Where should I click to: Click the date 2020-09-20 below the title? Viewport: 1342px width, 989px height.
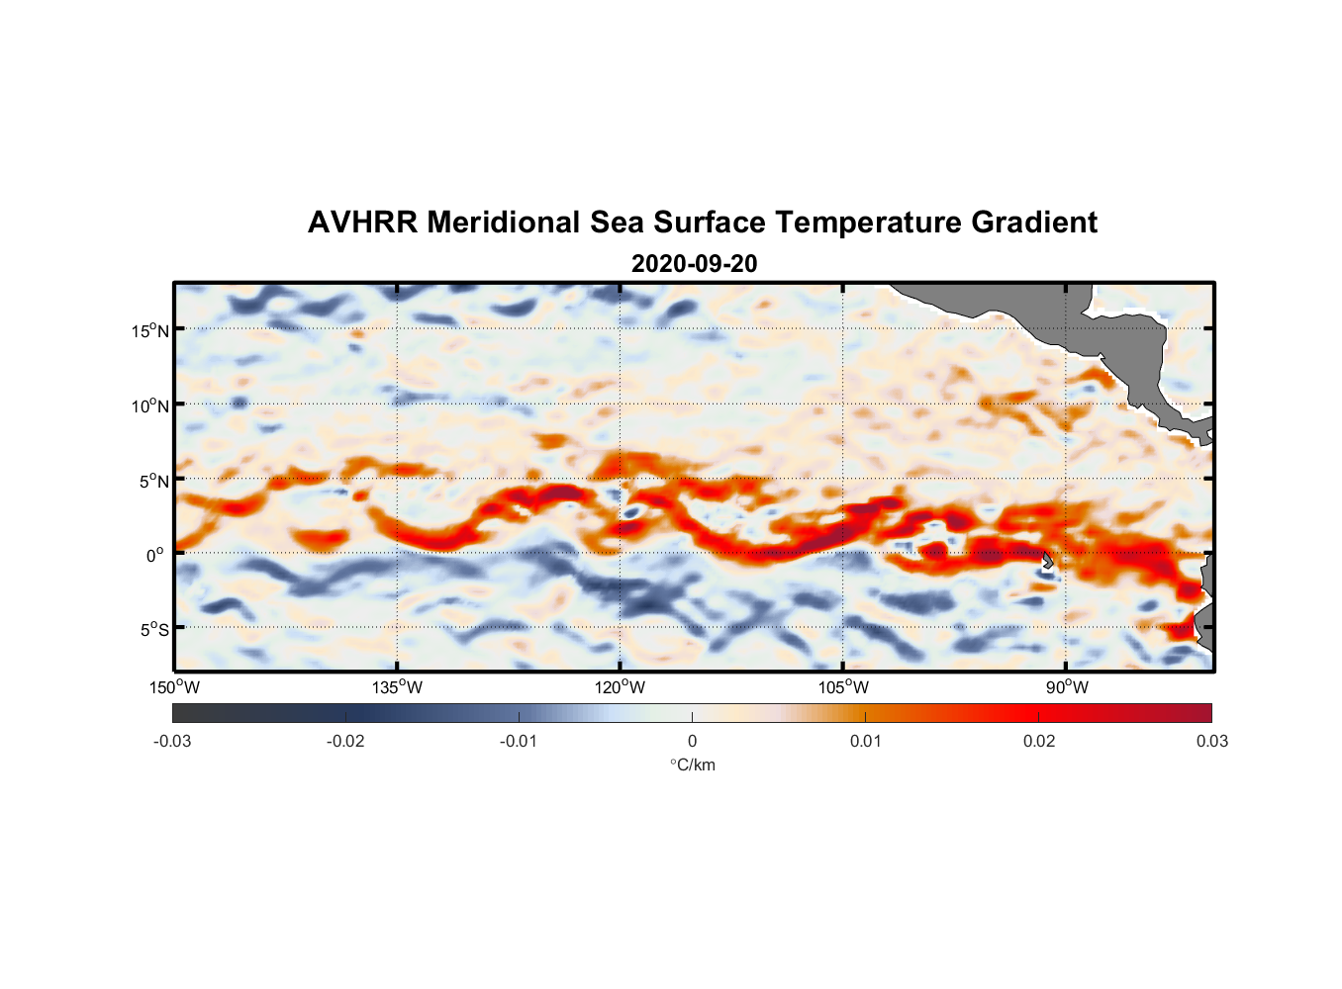click(x=694, y=263)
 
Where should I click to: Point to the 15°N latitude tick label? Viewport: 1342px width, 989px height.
click(x=150, y=330)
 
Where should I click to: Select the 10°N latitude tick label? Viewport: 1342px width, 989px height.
click(x=150, y=405)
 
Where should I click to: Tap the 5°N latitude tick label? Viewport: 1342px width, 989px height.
click(x=153, y=481)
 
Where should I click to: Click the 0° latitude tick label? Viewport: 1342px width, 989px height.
click(x=155, y=555)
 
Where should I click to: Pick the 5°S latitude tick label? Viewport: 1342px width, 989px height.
click(x=153, y=629)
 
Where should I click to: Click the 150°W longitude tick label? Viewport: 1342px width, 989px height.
click(x=175, y=687)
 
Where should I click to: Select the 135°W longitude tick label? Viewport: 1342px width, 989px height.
click(x=398, y=687)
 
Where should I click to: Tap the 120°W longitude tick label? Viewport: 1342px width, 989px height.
click(x=621, y=687)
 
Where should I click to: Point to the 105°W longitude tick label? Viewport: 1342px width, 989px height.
click(x=843, y=687)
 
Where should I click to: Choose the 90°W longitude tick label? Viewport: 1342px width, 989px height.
click(x=1067, y=687)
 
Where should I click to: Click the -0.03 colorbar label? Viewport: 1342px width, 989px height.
click(x=172, y=741)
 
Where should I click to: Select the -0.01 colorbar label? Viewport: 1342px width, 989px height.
click(x=519, y=741)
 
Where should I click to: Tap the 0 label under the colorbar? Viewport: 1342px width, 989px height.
click(x=692, y=741)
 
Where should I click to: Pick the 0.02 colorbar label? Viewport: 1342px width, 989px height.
click(x=1039, y=741)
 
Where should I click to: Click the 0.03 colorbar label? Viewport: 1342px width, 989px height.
click(x=1211, y=741)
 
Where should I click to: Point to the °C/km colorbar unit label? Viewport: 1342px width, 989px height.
click(x=692, y=764)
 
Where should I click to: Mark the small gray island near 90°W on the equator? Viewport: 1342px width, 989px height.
click(x=1048, y=561)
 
